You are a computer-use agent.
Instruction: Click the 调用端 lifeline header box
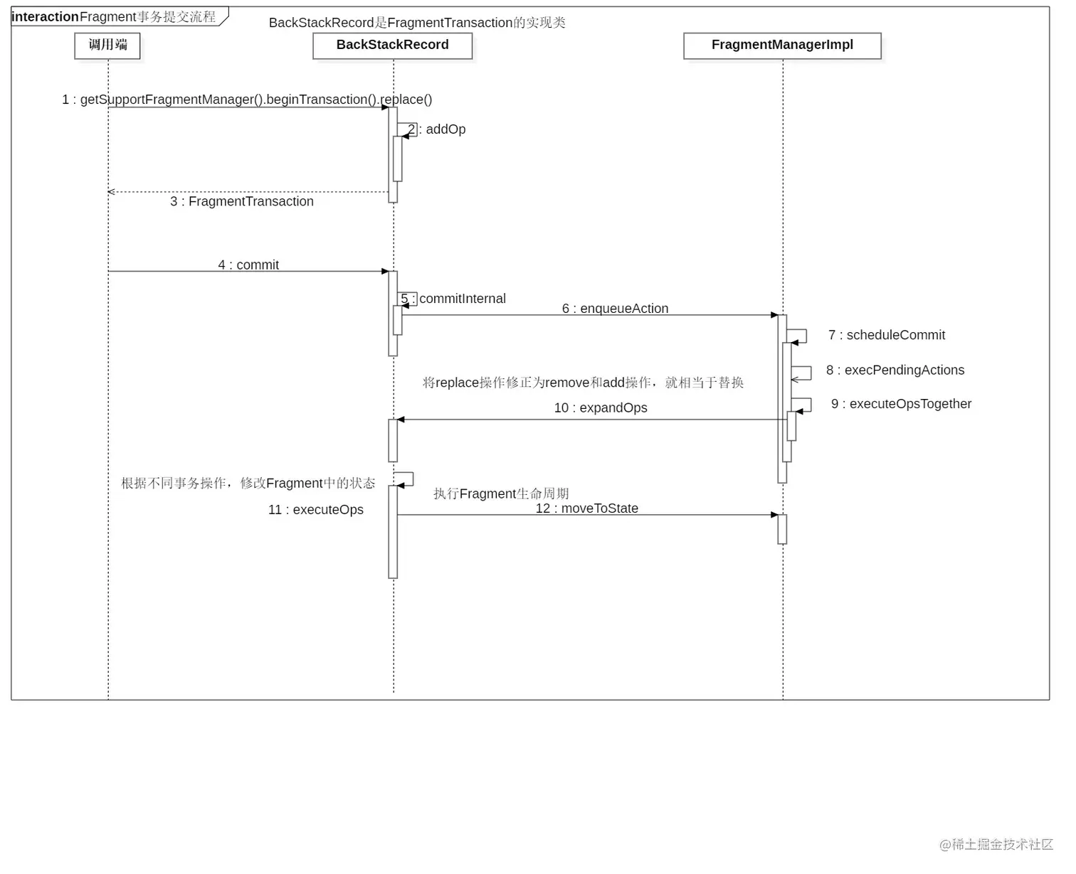click(x=107, y=46)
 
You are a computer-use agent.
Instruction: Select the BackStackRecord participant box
click(x=392, y=46)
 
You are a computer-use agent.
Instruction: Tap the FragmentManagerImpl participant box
click(x=782, y=46)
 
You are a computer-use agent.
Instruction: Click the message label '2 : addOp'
click(x=438, y=129)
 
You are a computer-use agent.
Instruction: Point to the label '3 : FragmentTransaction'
click(x=242, y=202)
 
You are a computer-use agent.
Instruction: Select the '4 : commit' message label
click(x=248, y=265)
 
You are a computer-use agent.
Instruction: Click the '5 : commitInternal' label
click(x=454, y=299)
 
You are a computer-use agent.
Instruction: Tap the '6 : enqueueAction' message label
click(x=615, y=309)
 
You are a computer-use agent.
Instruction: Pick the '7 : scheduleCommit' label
click(x=887, y=335)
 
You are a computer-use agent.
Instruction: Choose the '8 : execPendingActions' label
click(x=895, y=370)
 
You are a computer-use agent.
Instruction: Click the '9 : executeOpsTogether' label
click(x=901, y=404)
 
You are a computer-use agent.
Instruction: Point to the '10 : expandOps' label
click(x=601, y=408)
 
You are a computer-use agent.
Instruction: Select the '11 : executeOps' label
click(x=316, y=510)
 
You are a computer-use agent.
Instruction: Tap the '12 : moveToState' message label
click(x=587, y=508)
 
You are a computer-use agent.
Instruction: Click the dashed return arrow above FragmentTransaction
click(x=249, y=192)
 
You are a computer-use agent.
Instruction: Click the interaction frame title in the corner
click(x=114, y=17)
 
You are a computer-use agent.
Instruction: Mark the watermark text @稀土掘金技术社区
click(x=996, y=844)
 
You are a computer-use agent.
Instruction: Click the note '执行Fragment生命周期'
click(x=501, y=494)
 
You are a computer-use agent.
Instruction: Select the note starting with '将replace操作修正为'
click(x=583, y=383)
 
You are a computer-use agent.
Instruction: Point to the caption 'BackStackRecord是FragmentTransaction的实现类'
click(x=417, y=23)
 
